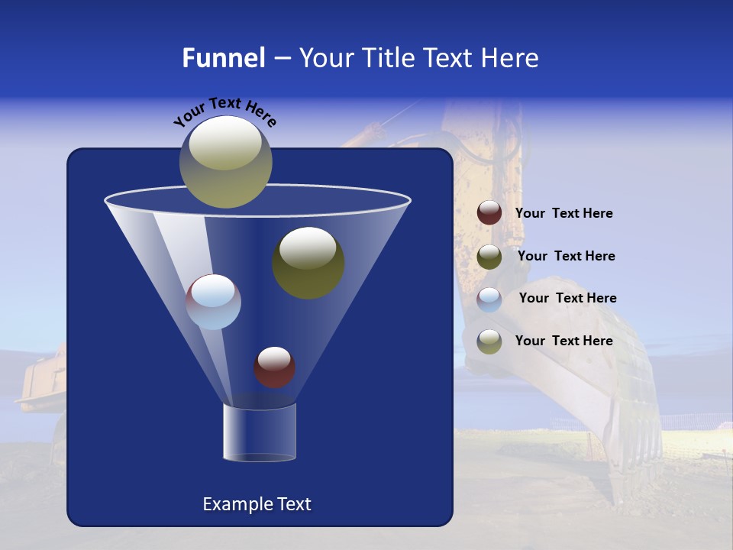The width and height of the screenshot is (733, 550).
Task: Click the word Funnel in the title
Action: click(223, 58)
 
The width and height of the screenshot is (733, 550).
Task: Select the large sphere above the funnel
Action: click(226, 161)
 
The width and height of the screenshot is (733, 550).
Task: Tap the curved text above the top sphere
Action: click(224, 111)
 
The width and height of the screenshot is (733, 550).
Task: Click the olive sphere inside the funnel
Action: click(308, 263)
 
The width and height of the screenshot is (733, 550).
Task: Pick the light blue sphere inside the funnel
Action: click(214, 302)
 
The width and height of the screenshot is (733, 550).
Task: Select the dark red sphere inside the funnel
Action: click(274, 367)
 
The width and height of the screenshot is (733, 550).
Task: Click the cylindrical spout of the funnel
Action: click(259, 432)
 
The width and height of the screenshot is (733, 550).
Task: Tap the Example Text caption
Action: click(257, 504)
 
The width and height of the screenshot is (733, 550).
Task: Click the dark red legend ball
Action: click(489, 213)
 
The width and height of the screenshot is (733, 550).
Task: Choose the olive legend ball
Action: click(489, 257)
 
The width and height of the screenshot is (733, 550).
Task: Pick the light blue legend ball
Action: click(489, 299)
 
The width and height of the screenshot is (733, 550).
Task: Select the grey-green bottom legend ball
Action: click(489, 341)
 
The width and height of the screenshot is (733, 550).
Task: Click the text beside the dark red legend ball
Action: click(563, 214)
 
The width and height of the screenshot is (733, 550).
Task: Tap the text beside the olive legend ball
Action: click(566, 257)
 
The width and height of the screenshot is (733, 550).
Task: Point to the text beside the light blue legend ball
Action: click(567, 299)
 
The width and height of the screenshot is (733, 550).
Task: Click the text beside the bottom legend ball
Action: click(563, 341)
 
